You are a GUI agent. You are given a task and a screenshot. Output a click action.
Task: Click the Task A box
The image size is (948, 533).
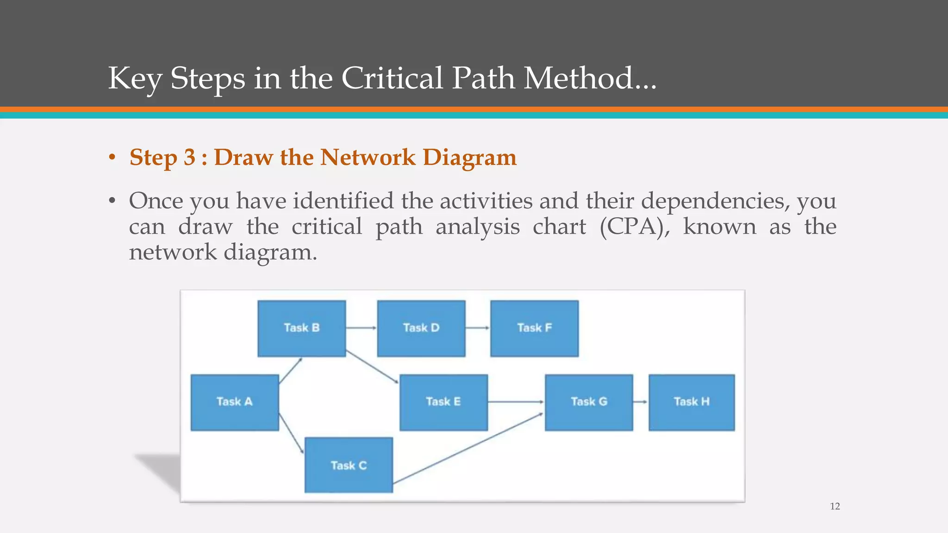(235, 402)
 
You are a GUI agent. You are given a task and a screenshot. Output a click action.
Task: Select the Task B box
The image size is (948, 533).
(301, 328)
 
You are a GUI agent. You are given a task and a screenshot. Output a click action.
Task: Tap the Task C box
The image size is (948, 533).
(348, 465)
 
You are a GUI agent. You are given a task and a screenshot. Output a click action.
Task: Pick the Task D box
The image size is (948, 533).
(421, 328)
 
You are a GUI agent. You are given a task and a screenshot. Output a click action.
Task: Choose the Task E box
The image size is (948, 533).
(443, 402)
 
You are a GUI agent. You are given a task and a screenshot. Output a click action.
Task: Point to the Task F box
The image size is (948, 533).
(534, 328)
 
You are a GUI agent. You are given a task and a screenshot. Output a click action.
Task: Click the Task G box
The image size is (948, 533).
(589, 402)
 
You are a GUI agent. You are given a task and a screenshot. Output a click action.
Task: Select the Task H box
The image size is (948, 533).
(692, 402)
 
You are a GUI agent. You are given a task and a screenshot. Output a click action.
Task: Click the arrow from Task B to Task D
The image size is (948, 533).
(361, 328)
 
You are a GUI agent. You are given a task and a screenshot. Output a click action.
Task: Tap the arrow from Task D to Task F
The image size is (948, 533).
(477, 328)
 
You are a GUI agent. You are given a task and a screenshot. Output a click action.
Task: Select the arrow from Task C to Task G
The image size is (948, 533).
(468, 448)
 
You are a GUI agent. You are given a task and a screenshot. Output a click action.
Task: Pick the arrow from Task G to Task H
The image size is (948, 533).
(640, 402)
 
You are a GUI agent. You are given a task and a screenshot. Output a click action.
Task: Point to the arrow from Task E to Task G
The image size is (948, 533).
(516, 402)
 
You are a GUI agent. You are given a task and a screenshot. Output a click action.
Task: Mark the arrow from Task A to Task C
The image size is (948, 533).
(291, 434)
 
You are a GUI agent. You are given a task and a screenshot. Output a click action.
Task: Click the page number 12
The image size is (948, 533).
(835, 507)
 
